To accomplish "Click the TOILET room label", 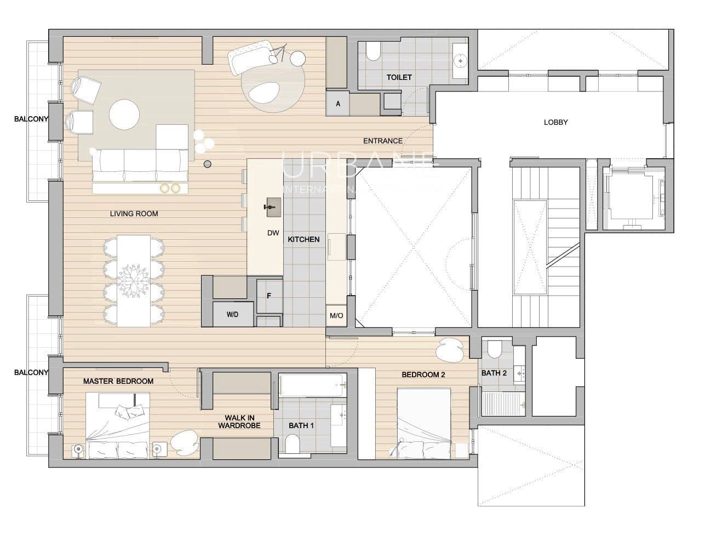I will [399, 77].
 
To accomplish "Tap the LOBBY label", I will [555, 122].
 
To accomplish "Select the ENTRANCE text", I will [383, 141].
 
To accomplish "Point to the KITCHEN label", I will [303, 239].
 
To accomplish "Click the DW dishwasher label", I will [273, 233].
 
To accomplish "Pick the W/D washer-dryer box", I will [233, 315].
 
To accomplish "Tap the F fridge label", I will [269, 296].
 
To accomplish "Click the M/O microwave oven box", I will [336, 316].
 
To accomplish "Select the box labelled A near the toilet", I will [338, 103].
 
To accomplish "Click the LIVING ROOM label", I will [134, 214].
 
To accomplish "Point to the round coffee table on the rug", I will [124, 114].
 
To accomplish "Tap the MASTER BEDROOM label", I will [118, 381].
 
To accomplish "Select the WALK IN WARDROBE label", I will [239, 422].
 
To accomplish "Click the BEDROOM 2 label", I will [423, 374].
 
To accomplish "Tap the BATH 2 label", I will [494, 373].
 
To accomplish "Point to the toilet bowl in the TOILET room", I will [373, 52].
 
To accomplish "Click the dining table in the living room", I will [134, 280].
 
